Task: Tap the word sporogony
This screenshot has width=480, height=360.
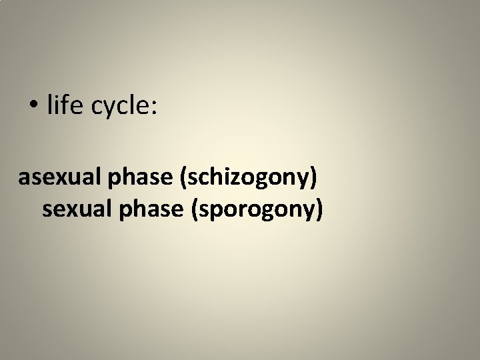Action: click(257, 210)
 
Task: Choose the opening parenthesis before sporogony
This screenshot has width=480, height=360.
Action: click(196, 210)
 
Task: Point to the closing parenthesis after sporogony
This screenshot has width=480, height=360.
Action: click(319, 210)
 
